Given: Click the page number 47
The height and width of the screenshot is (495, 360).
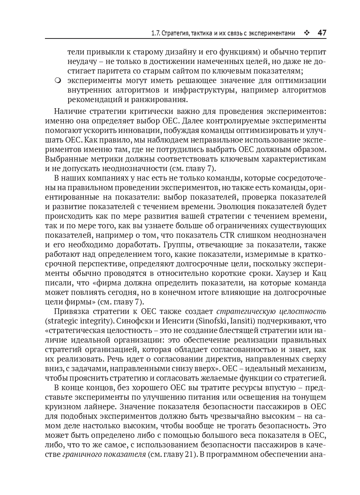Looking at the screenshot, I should pos(322,33).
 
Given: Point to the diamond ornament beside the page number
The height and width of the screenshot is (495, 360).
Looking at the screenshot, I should pos(307,33).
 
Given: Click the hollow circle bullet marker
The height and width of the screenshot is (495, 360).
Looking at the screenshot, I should pos(58,81).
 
